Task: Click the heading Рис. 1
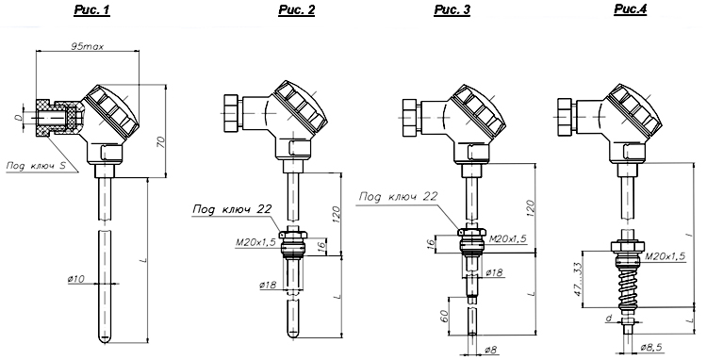92,10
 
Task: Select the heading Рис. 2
296,10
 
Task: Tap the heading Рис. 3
452,10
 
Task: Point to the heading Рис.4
631,9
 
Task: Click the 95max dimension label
87,46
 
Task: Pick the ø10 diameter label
76,279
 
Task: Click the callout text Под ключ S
36,165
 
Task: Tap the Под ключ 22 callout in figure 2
232,209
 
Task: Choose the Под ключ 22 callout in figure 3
398,196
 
